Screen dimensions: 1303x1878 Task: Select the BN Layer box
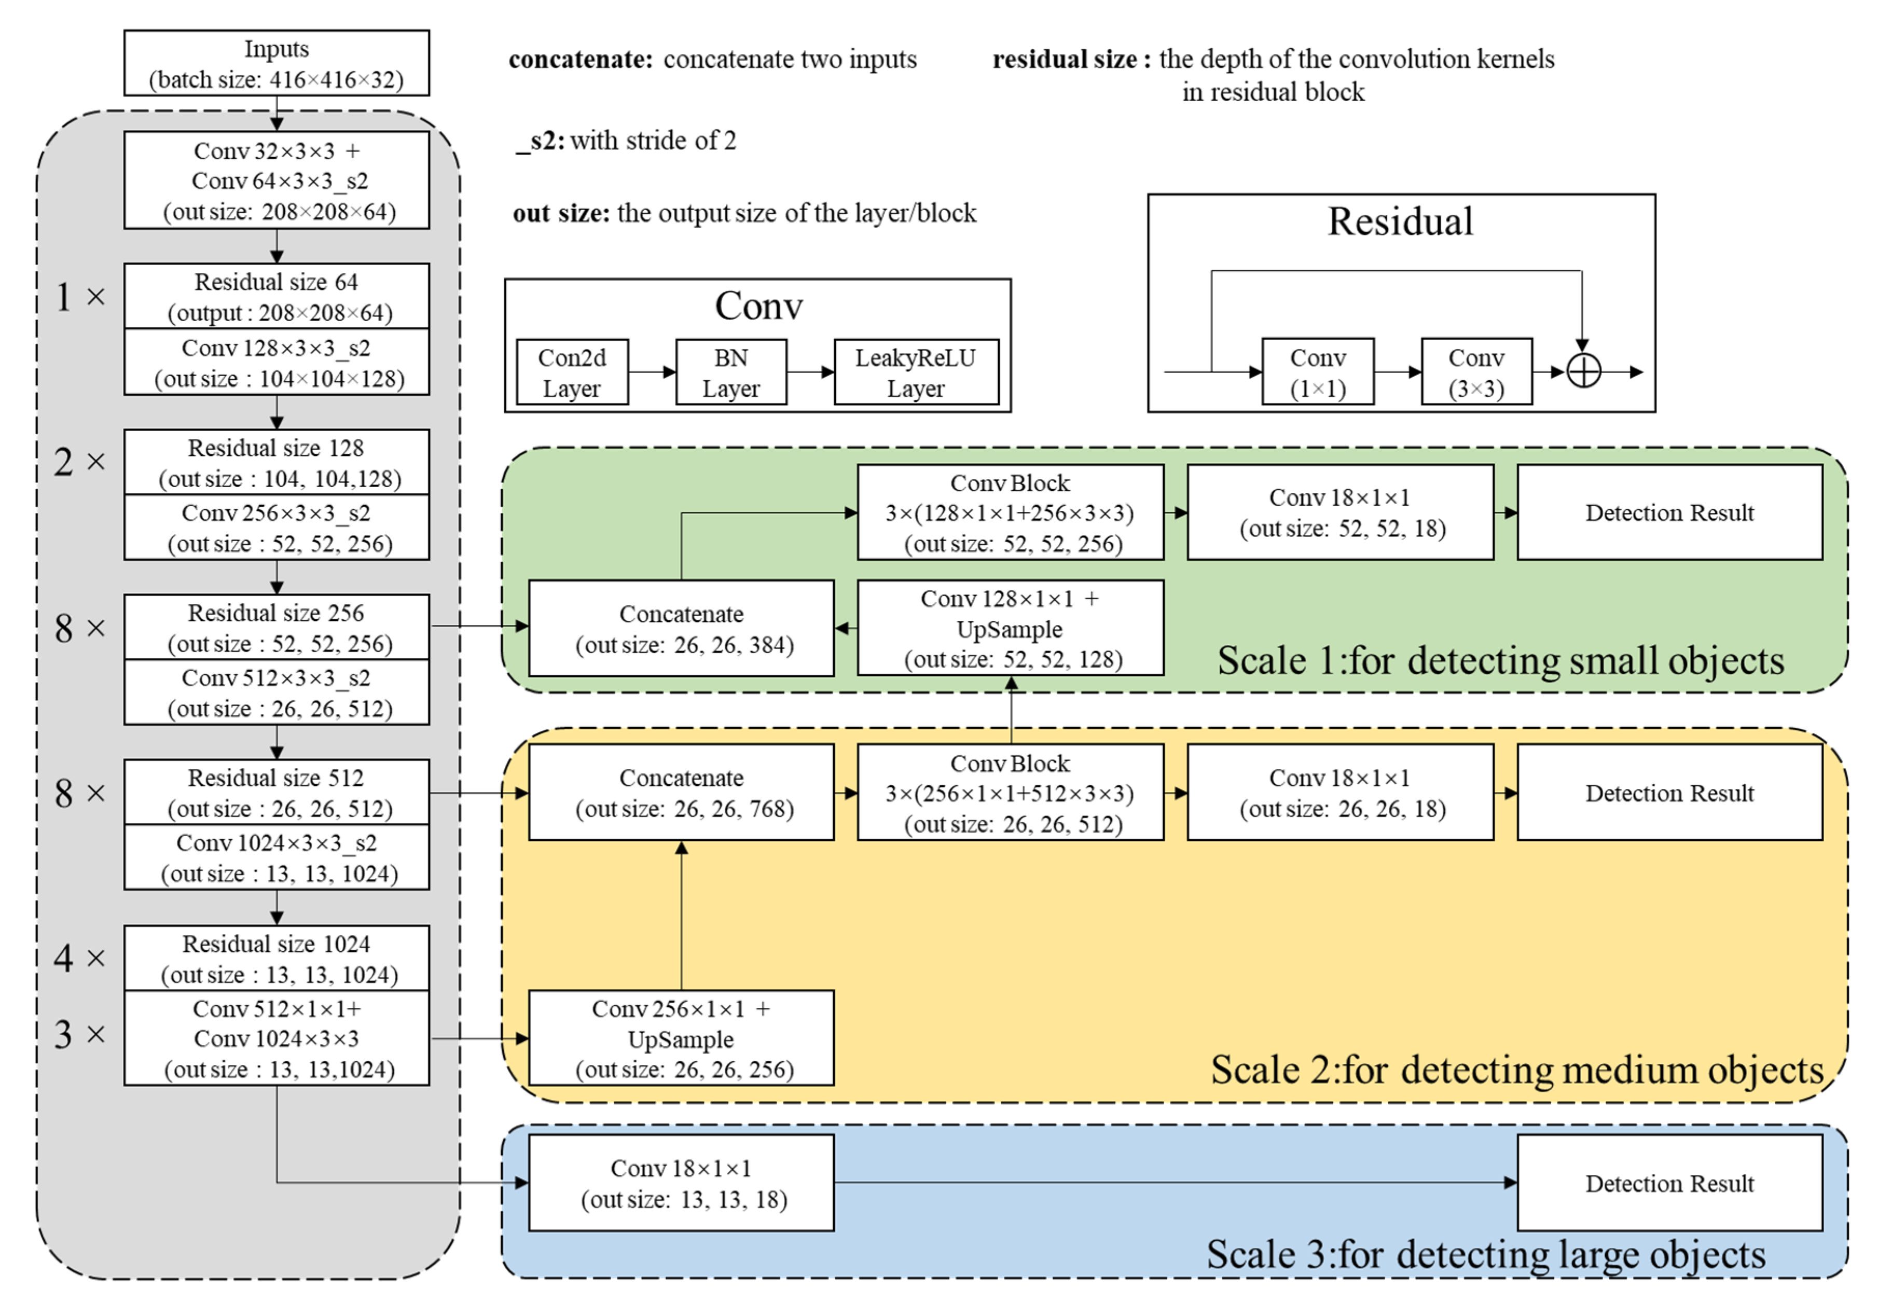[x=731, y=372]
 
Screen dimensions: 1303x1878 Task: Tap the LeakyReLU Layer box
[x=915, y=372]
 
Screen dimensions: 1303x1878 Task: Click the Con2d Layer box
[x=572, y=372]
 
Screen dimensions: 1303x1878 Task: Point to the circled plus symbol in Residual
[x=1582, y=372]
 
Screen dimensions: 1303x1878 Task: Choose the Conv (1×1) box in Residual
[x=1317, y=372]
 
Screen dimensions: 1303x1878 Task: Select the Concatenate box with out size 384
[x=681, y=629]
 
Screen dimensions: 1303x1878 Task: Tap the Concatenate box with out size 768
[x=681, y=792]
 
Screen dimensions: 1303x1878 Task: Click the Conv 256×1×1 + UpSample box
[x=681, y=1038]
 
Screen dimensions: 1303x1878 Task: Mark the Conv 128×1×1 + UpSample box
[x=1010, y=629]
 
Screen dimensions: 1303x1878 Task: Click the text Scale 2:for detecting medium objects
[x=1516, y=1070]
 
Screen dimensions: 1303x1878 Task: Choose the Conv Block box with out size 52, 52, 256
[x=1010, y=512]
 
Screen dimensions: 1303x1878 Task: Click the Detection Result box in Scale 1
[x=1669, y=512]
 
